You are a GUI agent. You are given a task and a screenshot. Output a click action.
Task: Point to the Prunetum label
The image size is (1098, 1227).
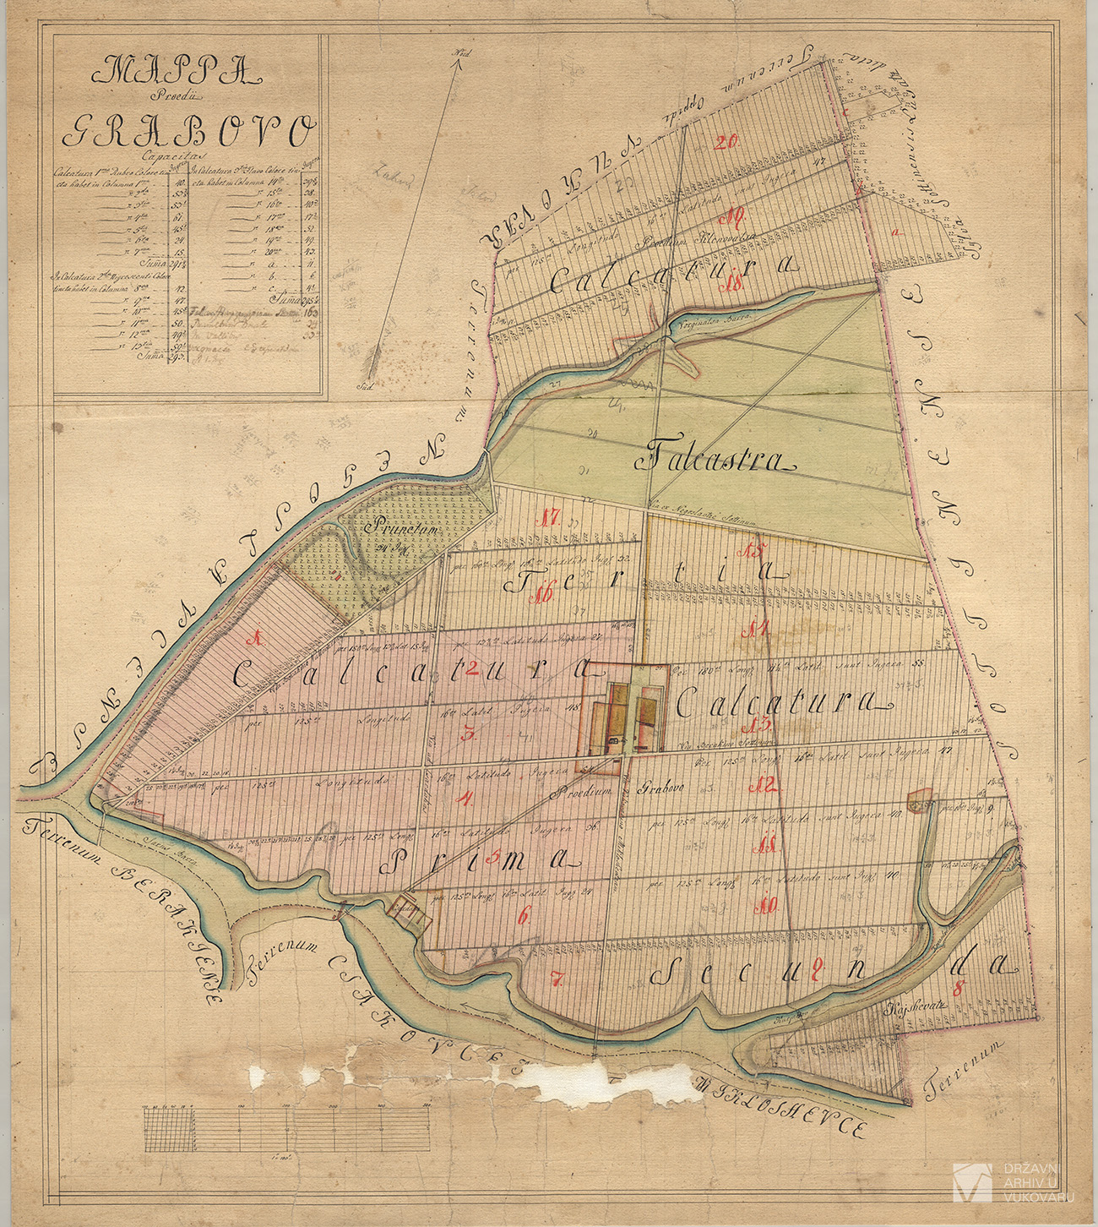tap(394, 531)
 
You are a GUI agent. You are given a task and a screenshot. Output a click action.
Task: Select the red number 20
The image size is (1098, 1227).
tap(726, 142)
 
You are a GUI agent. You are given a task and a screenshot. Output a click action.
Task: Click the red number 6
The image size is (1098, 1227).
tap(524, 915)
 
